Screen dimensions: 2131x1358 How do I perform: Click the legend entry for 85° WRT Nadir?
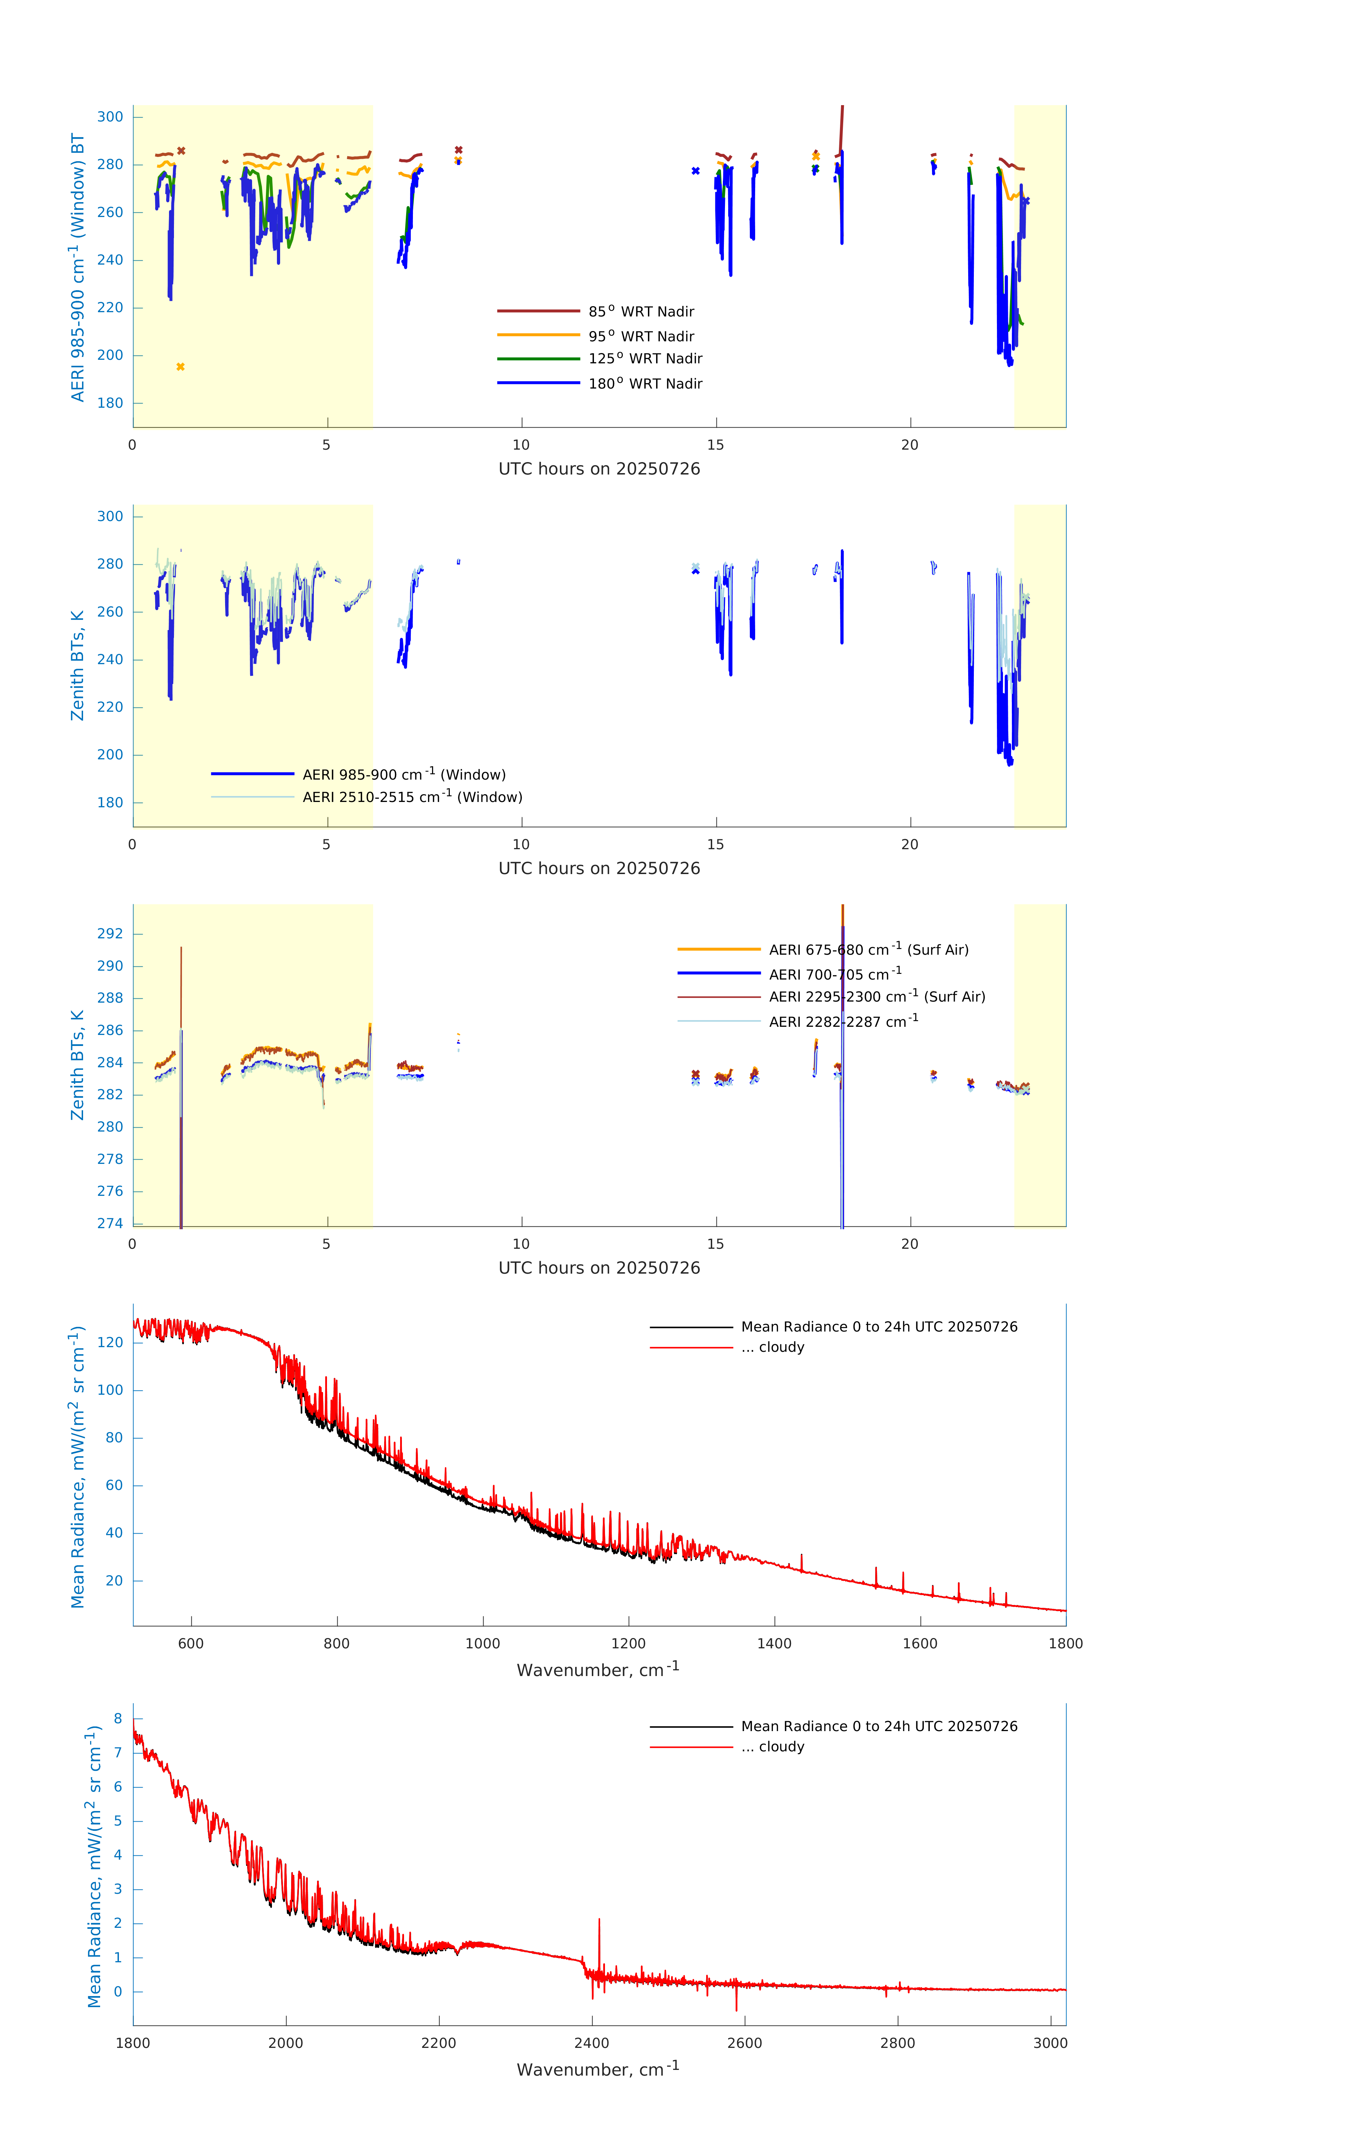pos(640,311)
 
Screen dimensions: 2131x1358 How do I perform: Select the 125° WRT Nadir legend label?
pos(645,358)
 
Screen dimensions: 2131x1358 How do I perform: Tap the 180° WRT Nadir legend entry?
pos(645,383)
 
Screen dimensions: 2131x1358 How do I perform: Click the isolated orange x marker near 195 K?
pos(180,367)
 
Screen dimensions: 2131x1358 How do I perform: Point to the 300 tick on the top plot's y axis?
pos(110,117)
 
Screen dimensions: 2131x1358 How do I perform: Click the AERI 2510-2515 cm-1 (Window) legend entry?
pos(412,797)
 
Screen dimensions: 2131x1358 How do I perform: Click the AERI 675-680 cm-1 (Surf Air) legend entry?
pos(868,950)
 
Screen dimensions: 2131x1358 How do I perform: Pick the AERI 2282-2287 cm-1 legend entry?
pos(843,1021)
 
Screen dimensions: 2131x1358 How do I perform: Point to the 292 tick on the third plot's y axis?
pos(110,934)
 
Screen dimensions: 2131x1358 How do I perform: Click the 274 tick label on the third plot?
pos(110,1223)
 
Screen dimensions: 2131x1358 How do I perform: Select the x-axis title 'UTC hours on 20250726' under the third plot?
pos(599,1268)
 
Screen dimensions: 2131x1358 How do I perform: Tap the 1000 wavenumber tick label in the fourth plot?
pos(482,1643)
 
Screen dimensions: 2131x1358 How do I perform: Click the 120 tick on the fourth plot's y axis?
pos(110,1343)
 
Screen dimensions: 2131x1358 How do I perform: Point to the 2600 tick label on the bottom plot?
pos(744,2043)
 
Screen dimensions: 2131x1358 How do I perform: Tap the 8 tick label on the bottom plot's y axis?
pos(118,1719)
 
